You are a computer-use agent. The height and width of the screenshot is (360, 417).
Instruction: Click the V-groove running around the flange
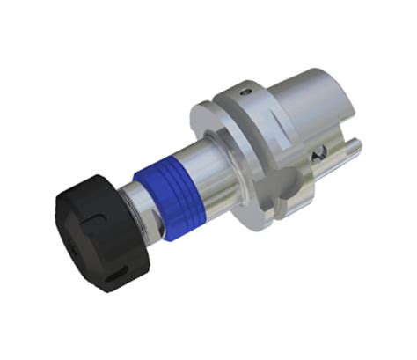tap(264, 141)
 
